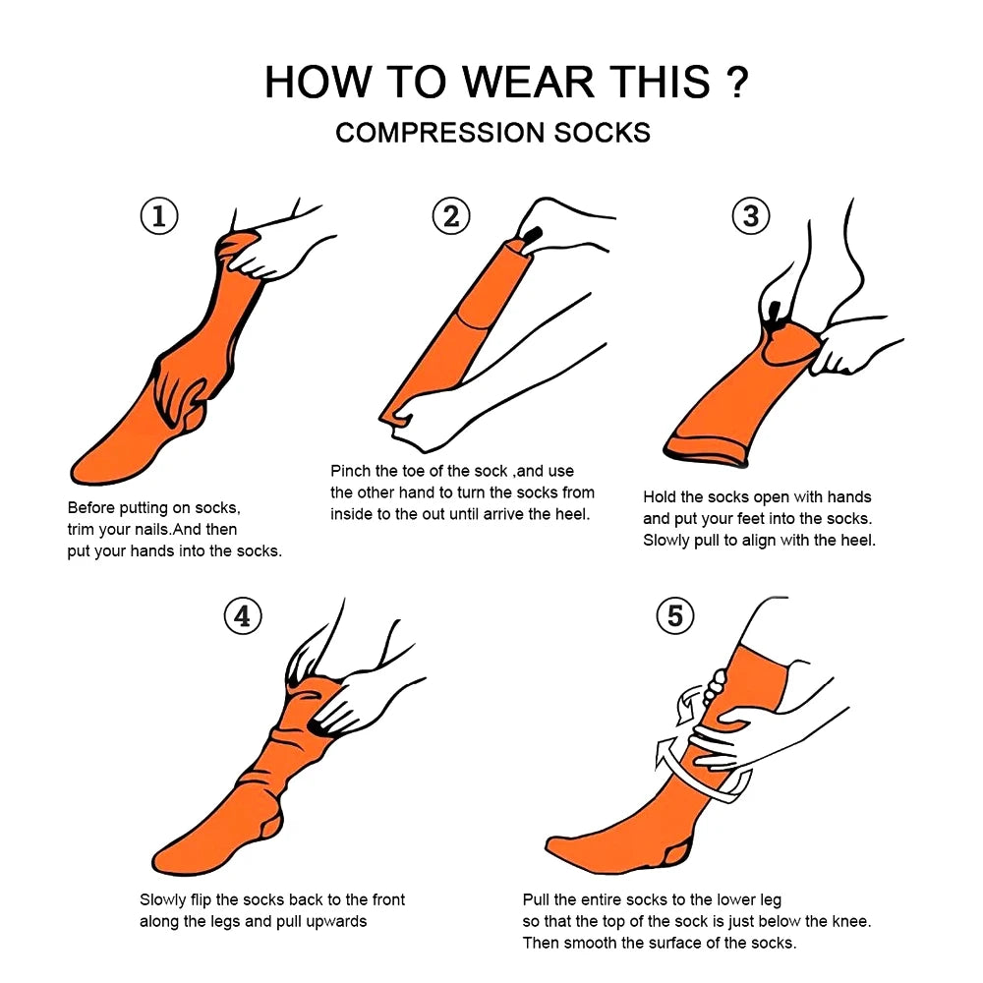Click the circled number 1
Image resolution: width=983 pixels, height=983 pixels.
159,216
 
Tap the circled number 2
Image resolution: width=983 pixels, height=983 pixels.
450,216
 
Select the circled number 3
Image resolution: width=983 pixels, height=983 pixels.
751,216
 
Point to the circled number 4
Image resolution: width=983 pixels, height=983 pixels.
243,616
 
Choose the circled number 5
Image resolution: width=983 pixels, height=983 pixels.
674,616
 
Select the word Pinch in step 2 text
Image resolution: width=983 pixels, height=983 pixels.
351,471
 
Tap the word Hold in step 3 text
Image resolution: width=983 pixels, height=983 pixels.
660,497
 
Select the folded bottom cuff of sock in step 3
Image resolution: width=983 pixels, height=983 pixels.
702,452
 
